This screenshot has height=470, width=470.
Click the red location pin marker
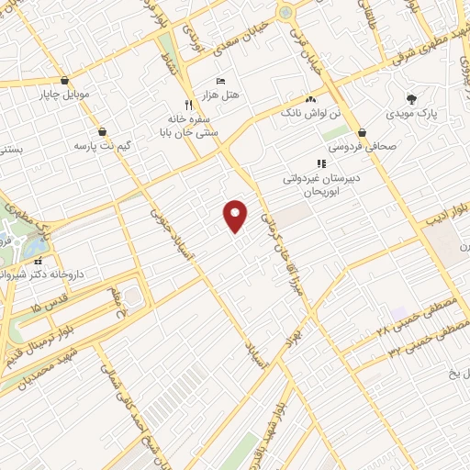pyautogui.click(x=237, y=215)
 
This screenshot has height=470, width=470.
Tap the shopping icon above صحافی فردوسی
pyautogui.click(x=364, y=131)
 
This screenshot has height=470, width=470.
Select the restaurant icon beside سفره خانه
pyautogui.click(x=188, y=104)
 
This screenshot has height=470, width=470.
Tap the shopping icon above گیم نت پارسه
pyautogui.click(x=100, y=131)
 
